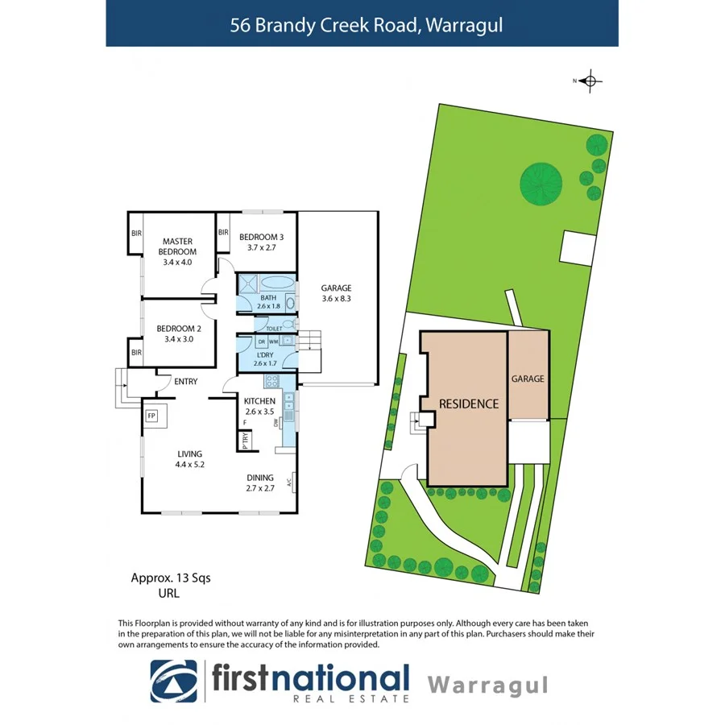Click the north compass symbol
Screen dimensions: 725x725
[590, 81]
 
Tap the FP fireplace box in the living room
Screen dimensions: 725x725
[151, 416]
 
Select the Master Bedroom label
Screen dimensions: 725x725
[179, 246]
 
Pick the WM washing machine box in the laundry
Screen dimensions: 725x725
[274, 341]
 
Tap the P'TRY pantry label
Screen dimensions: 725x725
[244, 440]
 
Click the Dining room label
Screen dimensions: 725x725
[260, 477]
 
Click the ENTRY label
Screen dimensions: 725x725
[186, 382]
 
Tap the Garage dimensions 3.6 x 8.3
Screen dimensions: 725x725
[336, 299]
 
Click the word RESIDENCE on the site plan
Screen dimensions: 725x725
[469, 404]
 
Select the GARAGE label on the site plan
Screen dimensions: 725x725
[528, 378]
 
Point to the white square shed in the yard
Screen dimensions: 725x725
[578, 246]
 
